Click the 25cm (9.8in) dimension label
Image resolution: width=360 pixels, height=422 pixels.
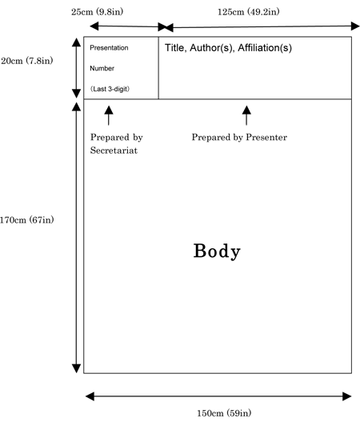97,12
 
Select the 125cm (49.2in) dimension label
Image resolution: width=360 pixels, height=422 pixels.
249,12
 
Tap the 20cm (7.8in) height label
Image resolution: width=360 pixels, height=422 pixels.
27,61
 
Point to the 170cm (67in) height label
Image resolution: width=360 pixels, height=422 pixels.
27,220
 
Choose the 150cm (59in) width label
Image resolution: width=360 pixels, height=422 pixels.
224,413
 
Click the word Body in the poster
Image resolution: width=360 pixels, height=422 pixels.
217,251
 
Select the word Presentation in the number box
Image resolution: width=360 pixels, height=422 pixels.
109,48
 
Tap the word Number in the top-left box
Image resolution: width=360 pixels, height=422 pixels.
102,68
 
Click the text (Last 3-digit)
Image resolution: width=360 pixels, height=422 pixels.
110,89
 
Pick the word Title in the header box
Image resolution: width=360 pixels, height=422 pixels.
175,48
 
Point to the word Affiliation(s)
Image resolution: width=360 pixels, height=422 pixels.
265,48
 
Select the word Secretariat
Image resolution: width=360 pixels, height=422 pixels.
114,151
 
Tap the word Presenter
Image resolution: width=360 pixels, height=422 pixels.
266,137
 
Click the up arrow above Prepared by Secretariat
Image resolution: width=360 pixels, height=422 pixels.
109,115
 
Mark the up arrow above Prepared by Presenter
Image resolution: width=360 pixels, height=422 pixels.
246,115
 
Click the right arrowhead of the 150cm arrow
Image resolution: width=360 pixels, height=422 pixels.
347,396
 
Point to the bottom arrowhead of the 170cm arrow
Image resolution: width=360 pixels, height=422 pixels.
76,368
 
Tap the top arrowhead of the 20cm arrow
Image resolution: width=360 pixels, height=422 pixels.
76,42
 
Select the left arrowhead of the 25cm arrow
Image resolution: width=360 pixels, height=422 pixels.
94,26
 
